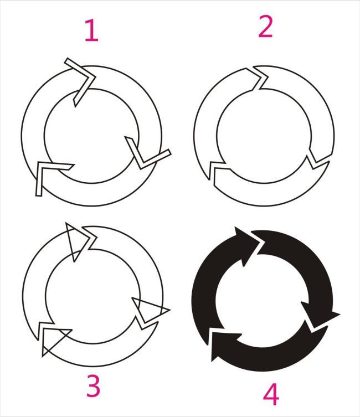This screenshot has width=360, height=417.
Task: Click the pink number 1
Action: (92, 30)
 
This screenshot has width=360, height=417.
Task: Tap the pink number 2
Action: (265, 27)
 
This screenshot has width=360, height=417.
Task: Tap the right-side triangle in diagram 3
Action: (149, 310)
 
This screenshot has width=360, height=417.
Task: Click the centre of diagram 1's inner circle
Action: (91, 136)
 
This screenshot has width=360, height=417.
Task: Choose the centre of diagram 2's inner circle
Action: (264, 136)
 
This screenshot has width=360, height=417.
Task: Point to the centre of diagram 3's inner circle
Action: (93, 296)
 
